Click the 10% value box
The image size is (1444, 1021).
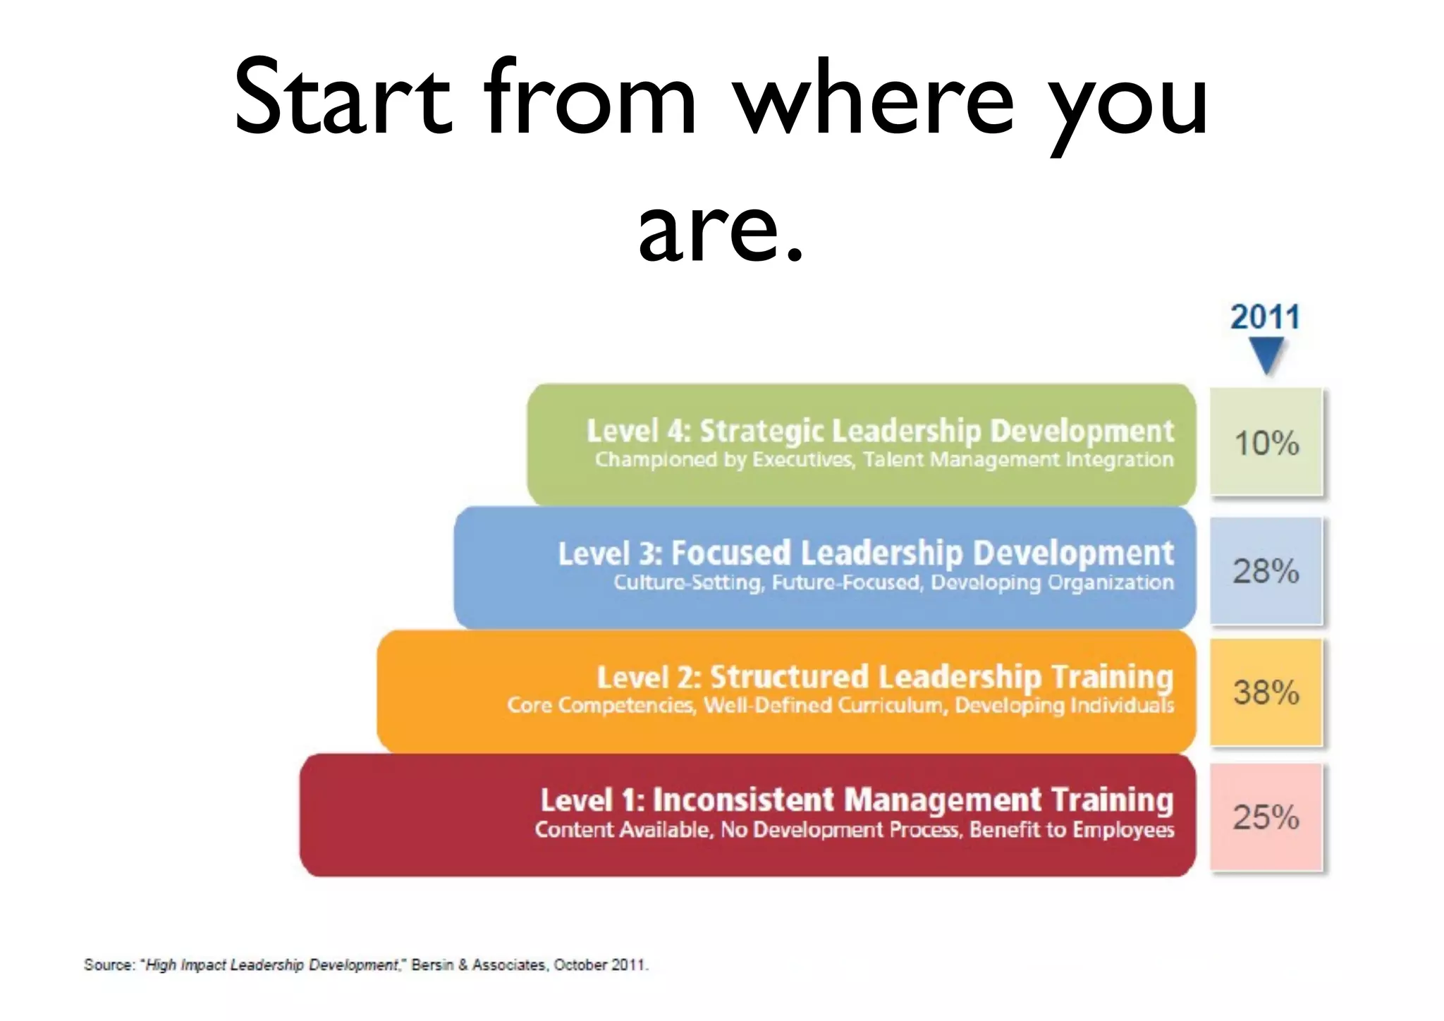pyautogui.click(x=1266, y=443)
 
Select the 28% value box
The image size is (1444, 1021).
pyautogui.click(x=1266, y=570)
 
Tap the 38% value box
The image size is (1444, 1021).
pyautogui.click(x=1266, y=692)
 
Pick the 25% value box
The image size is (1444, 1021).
pyautogui.click(x=1266, y=817)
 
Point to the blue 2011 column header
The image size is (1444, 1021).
pyautogui.click(x=1266, y=317)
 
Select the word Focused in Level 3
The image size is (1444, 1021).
pyautogui.click(x=731, y=554)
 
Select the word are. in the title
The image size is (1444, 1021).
pyautogui.click(x=721, y=229)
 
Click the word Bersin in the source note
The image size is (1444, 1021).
pyautogui.click(x=432, y=965)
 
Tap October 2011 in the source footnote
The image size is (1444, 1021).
pyautogui.click(x=599, y=965)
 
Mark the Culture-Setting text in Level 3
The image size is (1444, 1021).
pyautogui.click(x=688, y=582)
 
